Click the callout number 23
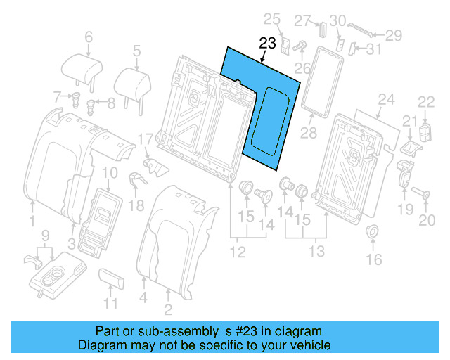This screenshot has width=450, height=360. coord(267,44)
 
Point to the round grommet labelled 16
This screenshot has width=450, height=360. coord(373,232)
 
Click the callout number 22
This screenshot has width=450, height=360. coord(427,102)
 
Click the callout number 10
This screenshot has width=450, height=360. coord(110,173)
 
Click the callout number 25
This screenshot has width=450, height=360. coord(271,18)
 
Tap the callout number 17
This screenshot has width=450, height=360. coord(144,140)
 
